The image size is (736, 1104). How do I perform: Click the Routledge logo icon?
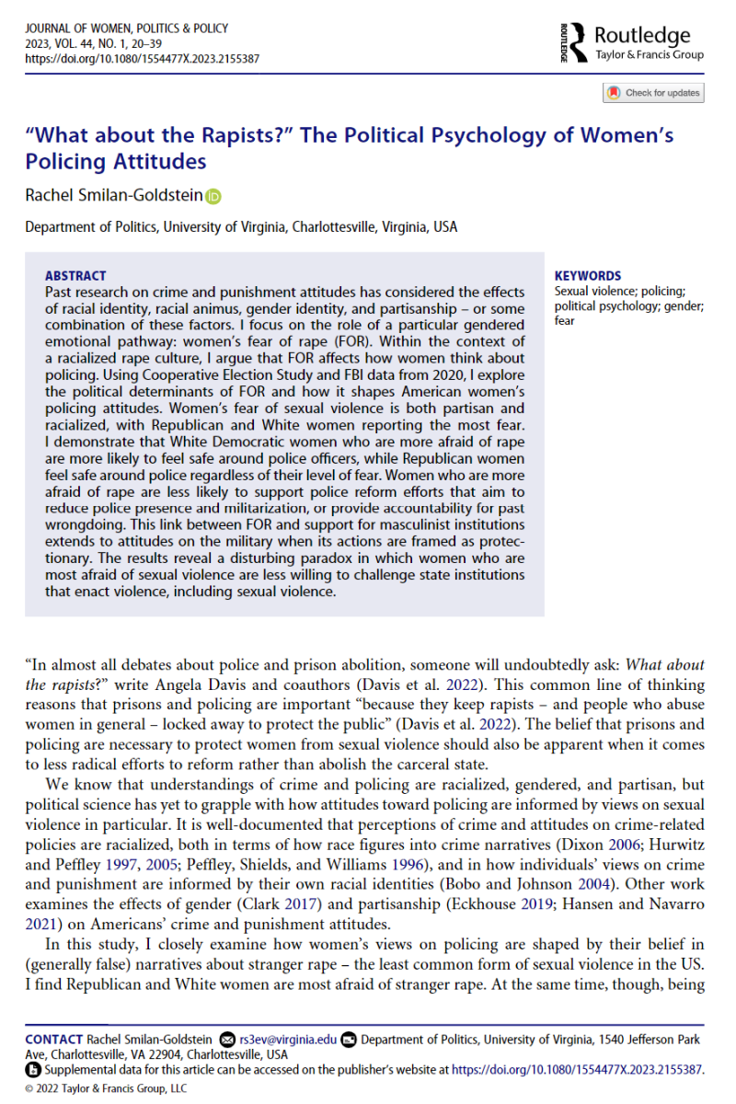pos(573,42)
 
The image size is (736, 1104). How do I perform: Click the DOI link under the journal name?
pos(142,58)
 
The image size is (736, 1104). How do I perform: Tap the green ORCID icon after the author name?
pos(214,195)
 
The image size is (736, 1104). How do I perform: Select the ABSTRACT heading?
pos(75,275)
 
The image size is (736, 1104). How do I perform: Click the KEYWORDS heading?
pos(588,275)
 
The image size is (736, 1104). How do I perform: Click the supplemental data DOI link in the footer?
pos(576,1070)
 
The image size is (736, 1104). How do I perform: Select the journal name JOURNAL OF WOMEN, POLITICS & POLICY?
pos(126,28)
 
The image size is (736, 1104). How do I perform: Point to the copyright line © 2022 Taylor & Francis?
pos(105,1088)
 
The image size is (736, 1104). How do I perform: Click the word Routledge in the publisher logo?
pos(642,36)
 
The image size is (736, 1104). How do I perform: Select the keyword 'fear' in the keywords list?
pos(565,322)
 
